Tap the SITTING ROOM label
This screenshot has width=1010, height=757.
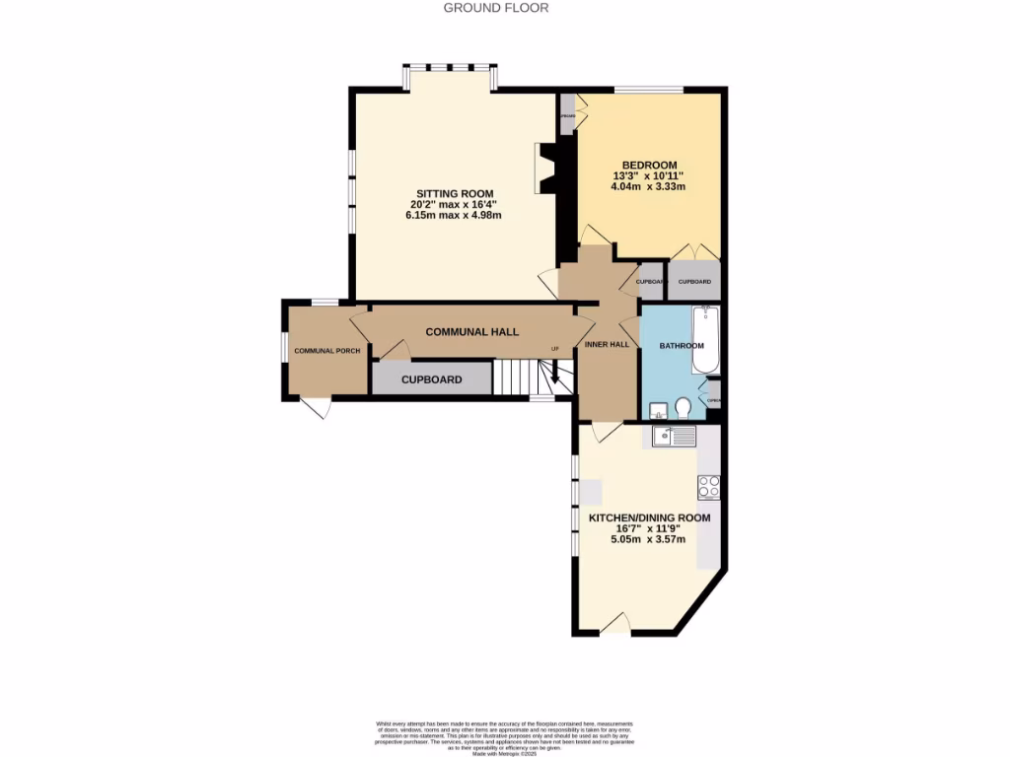point(454,193)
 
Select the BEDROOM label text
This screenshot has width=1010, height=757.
point(649,165)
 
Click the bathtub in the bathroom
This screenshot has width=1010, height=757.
point(705,340)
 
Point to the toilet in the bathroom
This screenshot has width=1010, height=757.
point(683,407)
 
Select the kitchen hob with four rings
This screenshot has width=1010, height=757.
point(708,486)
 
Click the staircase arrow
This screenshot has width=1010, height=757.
point(555,373)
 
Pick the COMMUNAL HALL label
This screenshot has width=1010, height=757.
point(471,332)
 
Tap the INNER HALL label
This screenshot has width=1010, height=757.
point(607,345)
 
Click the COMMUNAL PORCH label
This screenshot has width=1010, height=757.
point(326,351)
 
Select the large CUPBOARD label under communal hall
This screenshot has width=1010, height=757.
point(431,379)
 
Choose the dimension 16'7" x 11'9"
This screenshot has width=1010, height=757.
point(649,528)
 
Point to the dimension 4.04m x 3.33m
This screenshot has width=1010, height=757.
point(649,186)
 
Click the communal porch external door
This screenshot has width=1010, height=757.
point(316,406)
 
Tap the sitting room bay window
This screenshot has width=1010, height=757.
point(449,69)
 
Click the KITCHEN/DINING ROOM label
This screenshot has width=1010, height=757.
point(649,516)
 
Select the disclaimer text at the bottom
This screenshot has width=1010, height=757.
point(504,735)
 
